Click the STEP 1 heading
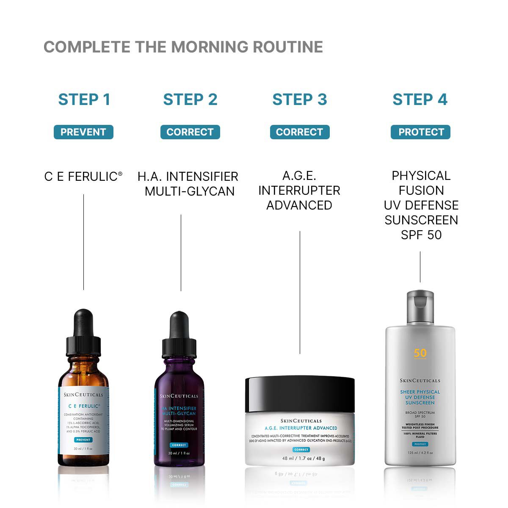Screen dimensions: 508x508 click(84, 99)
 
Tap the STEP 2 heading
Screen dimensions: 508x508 click(190, 99)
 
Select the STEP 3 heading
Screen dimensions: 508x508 click(299, 99)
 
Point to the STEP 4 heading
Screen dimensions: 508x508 click(420, 99)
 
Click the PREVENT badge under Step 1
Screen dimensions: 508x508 click(83, 132)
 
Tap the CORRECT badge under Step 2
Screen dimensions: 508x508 click(190, 132)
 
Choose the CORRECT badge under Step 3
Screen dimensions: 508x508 click(299, 132)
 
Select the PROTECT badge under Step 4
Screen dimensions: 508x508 click(420, 132)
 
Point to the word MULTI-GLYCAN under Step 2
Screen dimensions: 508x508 click(190, 191)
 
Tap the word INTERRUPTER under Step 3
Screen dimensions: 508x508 click(299, 190)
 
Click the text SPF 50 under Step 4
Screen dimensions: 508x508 click(421, 235)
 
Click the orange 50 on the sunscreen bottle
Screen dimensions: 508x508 click(420, 353)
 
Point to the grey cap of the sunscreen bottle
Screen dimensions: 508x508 click(420, 306)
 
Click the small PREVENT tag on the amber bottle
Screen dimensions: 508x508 click(83, 440)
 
